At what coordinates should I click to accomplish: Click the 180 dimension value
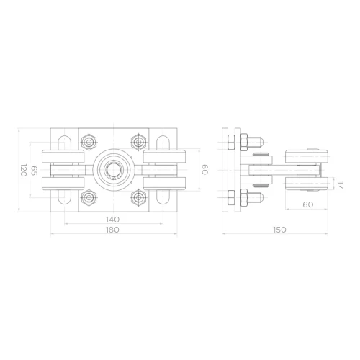pos(112,230)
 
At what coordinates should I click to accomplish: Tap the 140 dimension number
pos(112,220)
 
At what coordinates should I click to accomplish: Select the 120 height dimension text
pos(23,170)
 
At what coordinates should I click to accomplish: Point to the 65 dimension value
pos(35,171)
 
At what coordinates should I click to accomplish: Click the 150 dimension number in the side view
pos(279,230)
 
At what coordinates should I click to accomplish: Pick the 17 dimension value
pos(341,185)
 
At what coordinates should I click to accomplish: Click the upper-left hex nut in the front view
pos(89,142)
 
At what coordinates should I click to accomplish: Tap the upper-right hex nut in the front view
pos(138,142)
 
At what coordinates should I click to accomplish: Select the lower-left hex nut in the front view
pos(89,197)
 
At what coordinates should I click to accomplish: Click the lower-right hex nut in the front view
pos(138,197)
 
